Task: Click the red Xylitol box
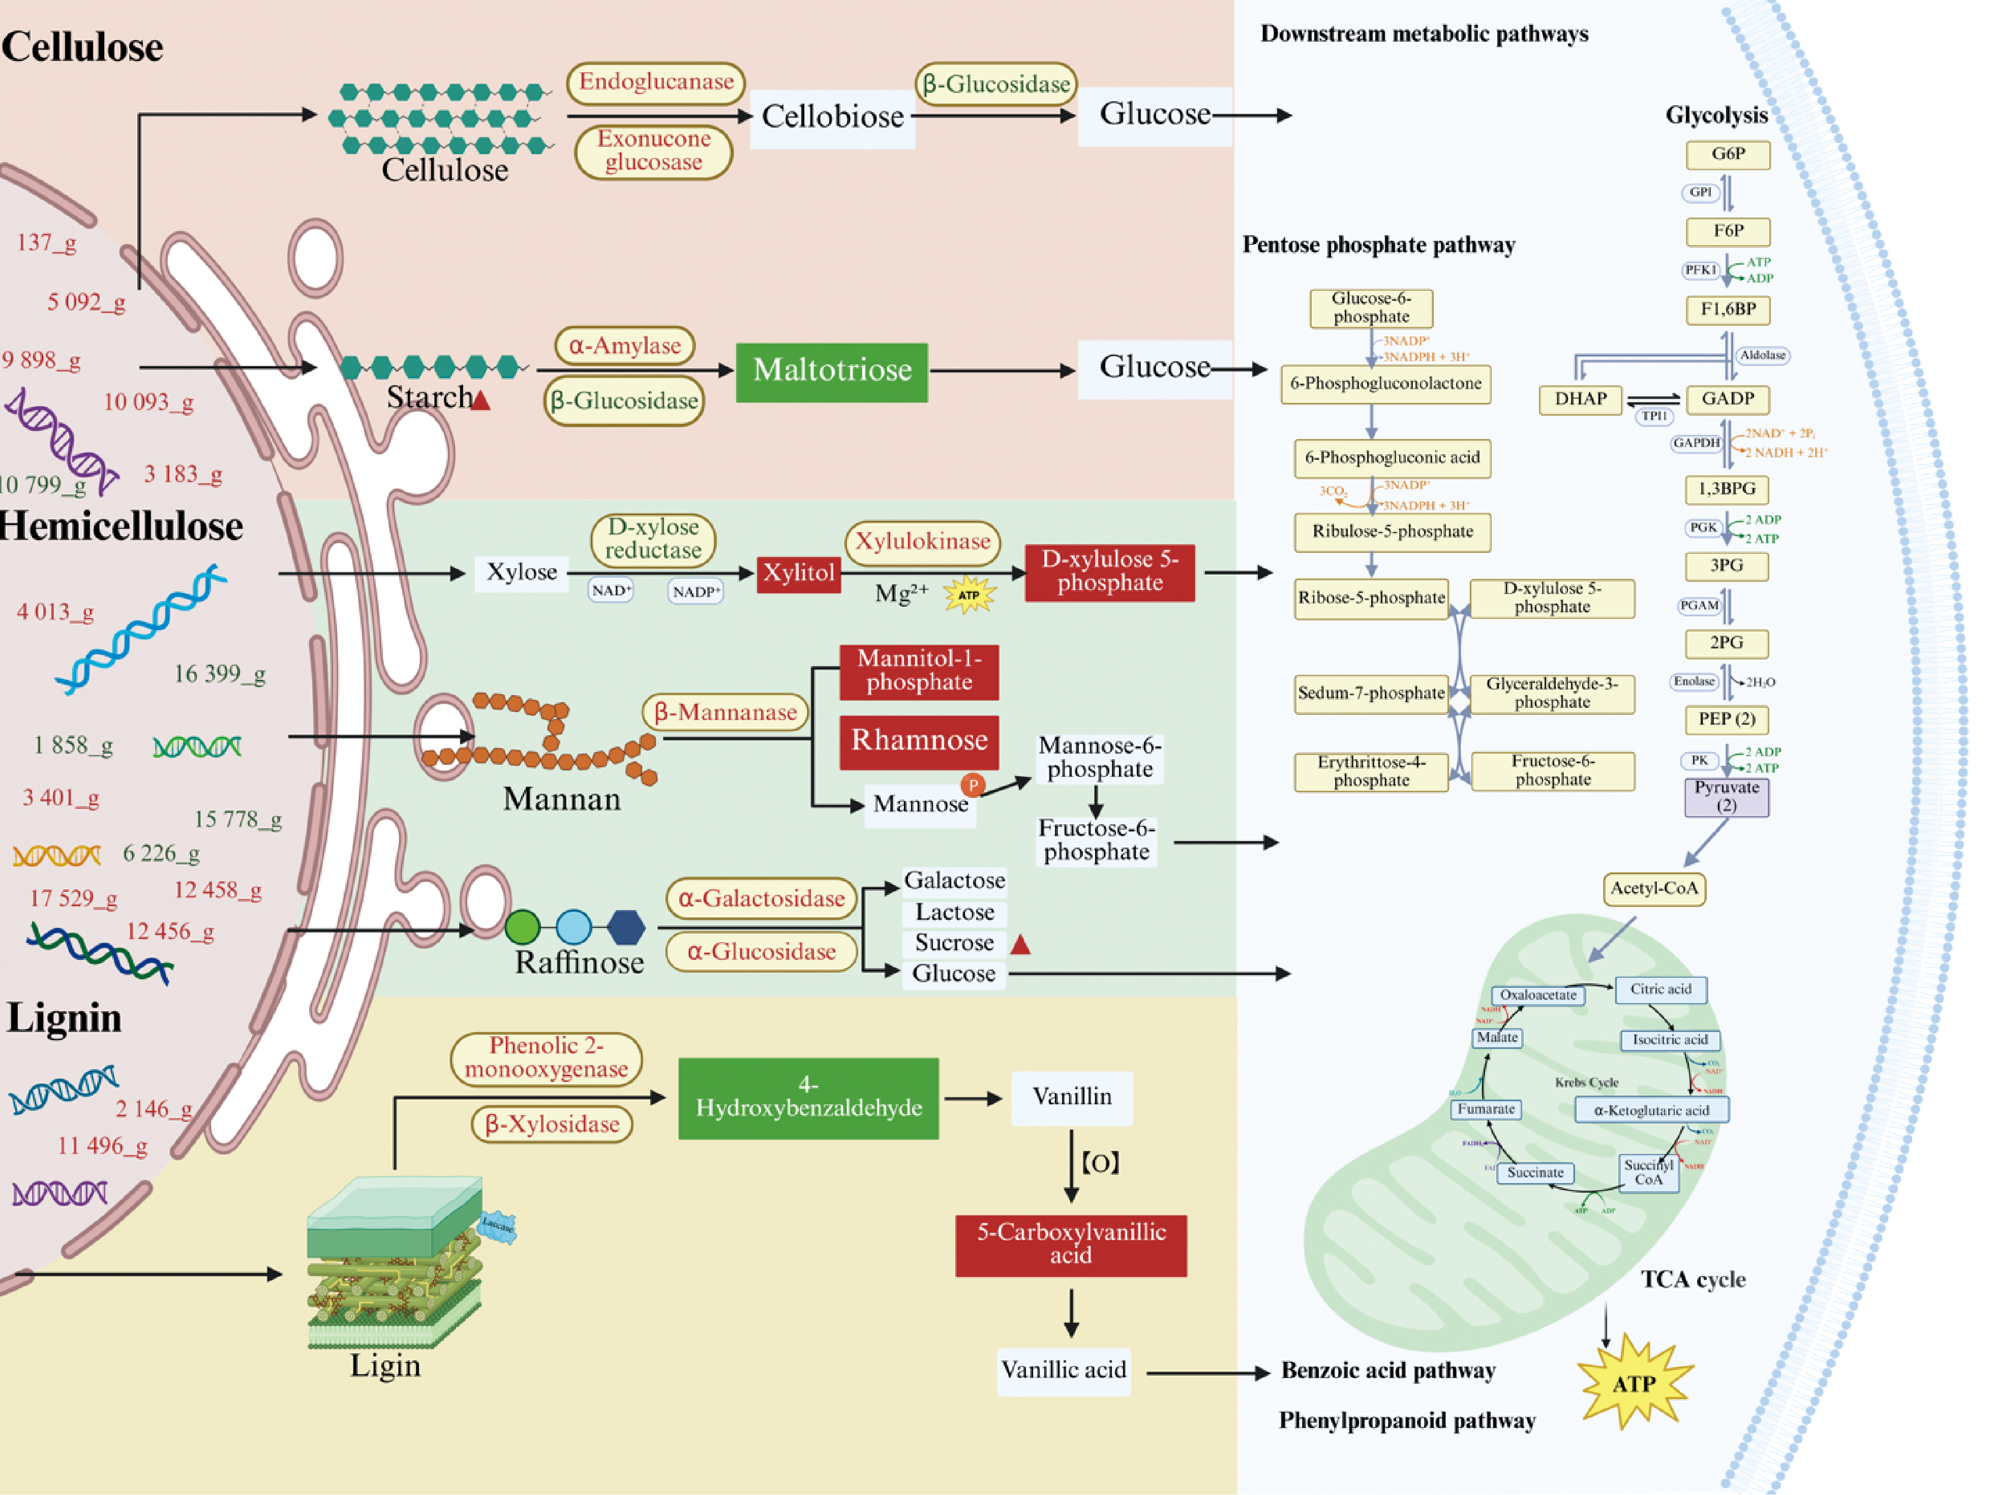[x=799, y=573]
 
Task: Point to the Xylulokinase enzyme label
[x=922, y=542]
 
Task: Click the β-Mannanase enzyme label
[x=725, y=713]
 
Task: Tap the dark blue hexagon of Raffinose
[x=626, y=926]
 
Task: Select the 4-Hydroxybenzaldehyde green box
[x=808, y=1098]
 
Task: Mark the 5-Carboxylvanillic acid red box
[x=1071, y=1244]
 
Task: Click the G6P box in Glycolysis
[x=1727, y=154]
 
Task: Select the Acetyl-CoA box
[x=1654, y=889]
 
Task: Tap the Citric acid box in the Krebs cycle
[x=1660, y=989]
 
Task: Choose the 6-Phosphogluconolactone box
[x=1385, y=384]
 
